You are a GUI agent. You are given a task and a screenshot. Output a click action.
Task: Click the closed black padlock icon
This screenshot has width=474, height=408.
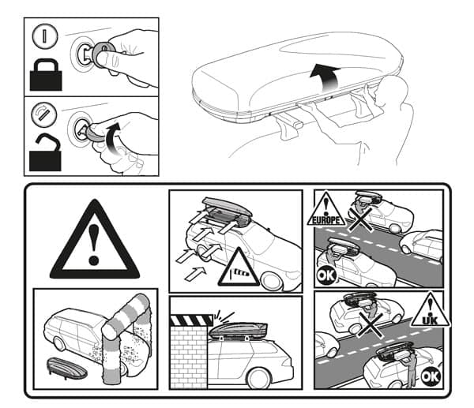point(46,75)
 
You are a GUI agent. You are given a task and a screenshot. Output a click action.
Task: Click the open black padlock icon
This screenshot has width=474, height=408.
point(45,152)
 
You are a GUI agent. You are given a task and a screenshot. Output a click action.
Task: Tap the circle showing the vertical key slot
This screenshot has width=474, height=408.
point(45,36)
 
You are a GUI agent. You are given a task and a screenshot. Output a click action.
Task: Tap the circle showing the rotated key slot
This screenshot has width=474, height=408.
point(44,114)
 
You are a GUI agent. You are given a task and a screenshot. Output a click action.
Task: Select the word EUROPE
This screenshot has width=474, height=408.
point(325,220)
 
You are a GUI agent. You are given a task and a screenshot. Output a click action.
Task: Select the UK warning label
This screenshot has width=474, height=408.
point(431,311)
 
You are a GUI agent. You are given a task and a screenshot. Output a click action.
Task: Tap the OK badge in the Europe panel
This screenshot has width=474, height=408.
point(326,275)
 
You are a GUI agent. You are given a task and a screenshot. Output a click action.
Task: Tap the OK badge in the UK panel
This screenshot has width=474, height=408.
point(431,376)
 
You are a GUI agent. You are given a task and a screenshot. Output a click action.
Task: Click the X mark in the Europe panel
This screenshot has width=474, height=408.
point(360,219)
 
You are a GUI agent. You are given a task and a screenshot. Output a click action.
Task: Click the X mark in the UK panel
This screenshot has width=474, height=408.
point(371,324)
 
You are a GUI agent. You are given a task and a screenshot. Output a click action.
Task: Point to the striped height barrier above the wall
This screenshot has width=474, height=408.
point(191,320)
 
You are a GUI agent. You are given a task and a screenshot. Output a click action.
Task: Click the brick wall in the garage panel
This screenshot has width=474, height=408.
point(189,357)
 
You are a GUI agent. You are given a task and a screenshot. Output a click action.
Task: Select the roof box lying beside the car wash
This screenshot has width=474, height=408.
point(67,368)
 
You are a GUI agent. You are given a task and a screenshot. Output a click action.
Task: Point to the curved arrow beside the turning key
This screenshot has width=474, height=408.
point(112,139)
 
